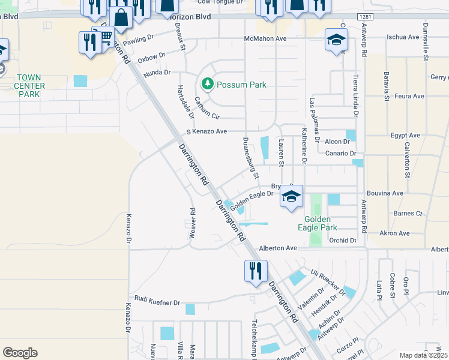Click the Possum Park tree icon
pyautogui.click(x=208, y=84)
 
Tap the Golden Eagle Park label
pyautogui.click(x=321, y=223)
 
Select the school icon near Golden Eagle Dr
pyautogui.click(x=291, y=197)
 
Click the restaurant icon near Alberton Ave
pyautogui.click(x=255, y=271)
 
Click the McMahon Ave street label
pyautogui.click(x=265, y=38)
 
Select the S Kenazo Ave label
pyautogui.click(x=206, y=131)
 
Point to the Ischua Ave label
pyautogui.click(x=405, y=37)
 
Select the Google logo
pyautogui.click(x=20, y=352)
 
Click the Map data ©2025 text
pyautogui.click(x=422, y=355)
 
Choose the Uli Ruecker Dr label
pyautogui.click(x=328, y=282)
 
